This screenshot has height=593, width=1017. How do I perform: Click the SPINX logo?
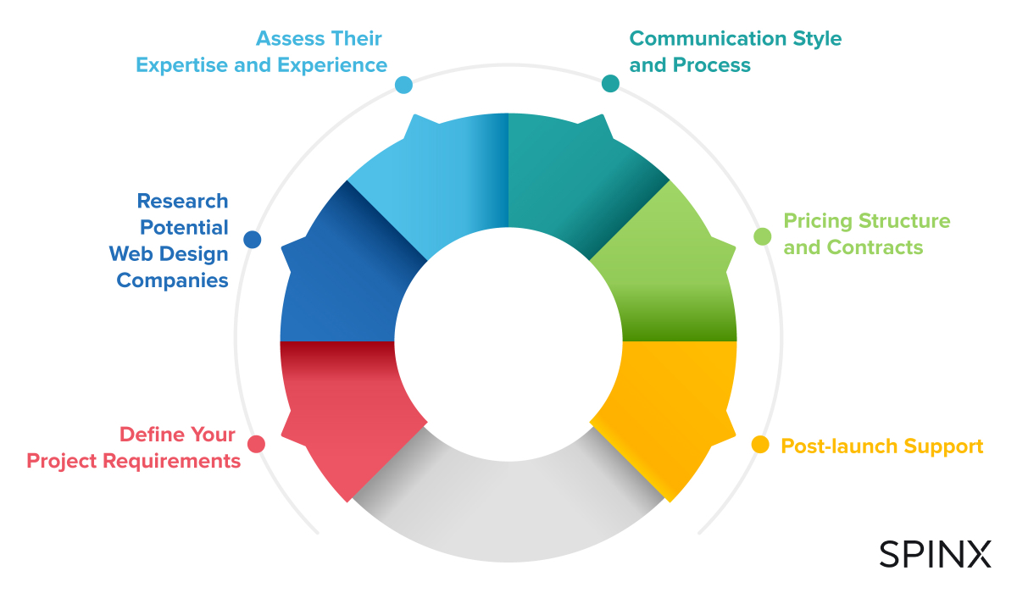point(935,553)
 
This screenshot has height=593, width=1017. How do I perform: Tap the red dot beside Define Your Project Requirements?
point(256,444)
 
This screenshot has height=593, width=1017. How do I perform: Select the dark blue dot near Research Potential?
point(252,239)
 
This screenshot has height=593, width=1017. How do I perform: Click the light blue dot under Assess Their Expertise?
point(403,85)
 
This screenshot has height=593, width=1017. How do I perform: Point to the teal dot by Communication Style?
point(610,84)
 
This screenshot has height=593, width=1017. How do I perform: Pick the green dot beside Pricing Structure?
point(762,236)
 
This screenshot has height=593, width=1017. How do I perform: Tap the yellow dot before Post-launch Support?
point(760,444)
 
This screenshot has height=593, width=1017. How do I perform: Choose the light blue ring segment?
point(436,181)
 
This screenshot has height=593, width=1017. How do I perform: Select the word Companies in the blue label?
point(173,280)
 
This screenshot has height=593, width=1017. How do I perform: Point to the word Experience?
point(332,65)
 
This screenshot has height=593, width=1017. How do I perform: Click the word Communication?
point(708,39)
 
